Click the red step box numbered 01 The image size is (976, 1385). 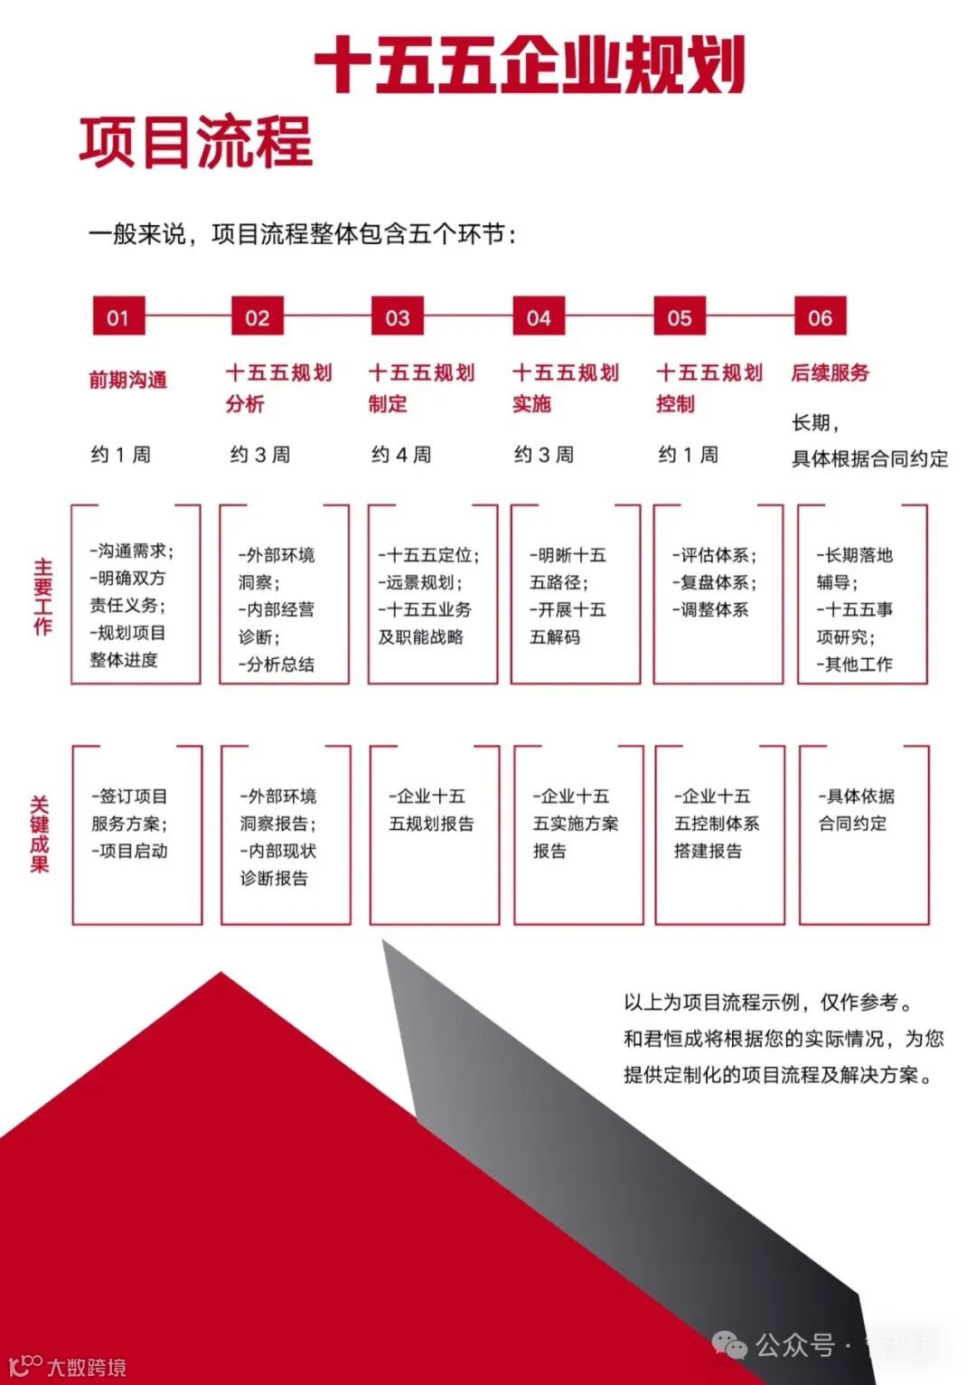tap(118, 317)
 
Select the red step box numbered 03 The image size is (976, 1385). tap(398, 317)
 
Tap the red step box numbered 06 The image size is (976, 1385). tap(820, 317)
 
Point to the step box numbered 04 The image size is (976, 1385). tap(539, 317)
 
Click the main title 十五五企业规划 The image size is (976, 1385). tap(530, 65)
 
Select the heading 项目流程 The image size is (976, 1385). tap(195, 142)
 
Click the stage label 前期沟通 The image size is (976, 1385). tap(127, 380)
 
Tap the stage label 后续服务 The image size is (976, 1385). tap(830, 372)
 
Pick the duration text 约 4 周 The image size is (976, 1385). tap(401, 455)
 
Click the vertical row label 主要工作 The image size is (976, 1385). tap(42, 597)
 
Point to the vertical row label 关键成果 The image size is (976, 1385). tap(40, 834)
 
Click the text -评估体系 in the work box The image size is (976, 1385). tap(714, 555)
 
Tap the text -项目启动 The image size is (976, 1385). tap(129, 851)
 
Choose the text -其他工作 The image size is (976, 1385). tap(854, 664)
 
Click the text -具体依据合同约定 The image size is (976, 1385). tap(855, 810)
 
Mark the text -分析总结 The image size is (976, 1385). tap(277, 664)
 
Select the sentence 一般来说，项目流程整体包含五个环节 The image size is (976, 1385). tap(303, 235)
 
